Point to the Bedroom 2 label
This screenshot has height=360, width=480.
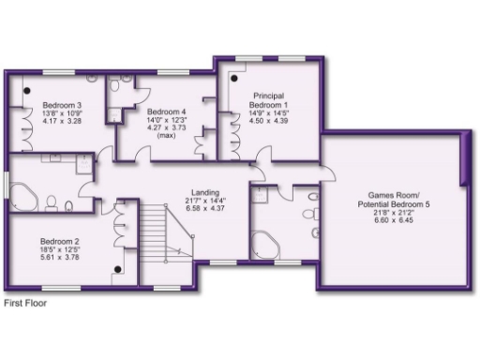tap(58, 240)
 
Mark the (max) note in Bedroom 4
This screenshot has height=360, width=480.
tap(163, 136)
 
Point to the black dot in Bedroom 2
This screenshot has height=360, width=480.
tap(117, 269)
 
